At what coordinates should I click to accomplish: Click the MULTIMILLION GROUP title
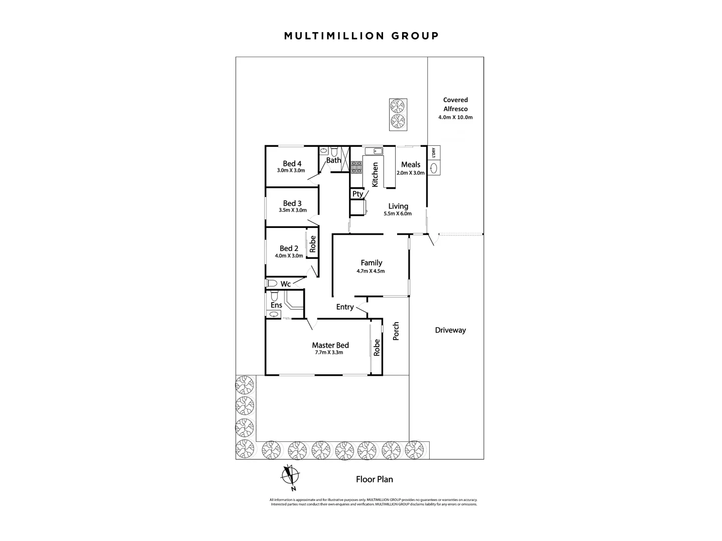point(361,36)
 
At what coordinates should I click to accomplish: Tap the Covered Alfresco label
point(455,104)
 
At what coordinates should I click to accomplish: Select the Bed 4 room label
point(292,164)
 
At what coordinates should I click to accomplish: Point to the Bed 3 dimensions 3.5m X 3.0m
point(293,210)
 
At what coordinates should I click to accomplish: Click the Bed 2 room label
point(289,248)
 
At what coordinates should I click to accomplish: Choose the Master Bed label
point(330,345)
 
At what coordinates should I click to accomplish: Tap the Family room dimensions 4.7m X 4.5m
point(371,272)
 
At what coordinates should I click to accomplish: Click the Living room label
point(398,206)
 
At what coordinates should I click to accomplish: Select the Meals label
point(411,165)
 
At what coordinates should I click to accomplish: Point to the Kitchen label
point(375,174)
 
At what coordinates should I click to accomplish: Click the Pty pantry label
point(357,194)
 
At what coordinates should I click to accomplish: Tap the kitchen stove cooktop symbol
point(356,167)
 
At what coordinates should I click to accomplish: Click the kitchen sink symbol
point(374,151)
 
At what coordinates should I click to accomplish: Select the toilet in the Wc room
point(272,283)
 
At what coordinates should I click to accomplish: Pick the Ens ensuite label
point(276,305)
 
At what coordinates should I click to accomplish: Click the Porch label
point(396,331)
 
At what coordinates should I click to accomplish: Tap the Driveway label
point(450,330)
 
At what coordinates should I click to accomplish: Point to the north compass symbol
point(290,476)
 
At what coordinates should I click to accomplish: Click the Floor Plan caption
point(375,479)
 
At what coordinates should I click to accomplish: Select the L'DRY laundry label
point(434,153)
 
